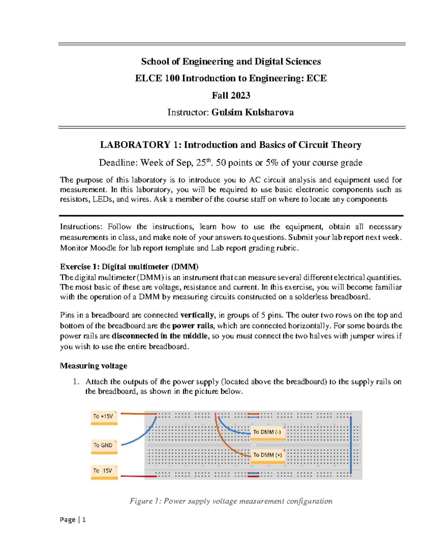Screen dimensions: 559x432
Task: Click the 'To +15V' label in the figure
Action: [104, 416]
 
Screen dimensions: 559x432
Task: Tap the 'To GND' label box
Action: [104, 445]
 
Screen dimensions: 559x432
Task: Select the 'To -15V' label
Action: [103, 471]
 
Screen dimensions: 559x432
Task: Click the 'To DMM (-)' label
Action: [267, 432]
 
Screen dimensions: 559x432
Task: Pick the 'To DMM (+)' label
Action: [267, 455]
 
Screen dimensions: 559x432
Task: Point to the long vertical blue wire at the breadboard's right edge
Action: [351, 445]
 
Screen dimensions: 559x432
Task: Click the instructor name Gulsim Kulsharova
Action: [252, 112]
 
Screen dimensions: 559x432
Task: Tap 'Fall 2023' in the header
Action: [231, 95]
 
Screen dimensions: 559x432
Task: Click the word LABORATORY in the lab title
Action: [135, 145]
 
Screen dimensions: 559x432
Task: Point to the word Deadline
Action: [118, 163]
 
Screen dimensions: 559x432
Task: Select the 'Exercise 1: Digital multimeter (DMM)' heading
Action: [129, 267]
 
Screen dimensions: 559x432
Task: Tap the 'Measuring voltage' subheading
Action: [94, 366]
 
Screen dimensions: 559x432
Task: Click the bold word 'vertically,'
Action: [197, 315]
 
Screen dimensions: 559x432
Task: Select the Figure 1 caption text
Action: [231, 501]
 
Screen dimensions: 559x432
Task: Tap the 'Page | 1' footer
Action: [73, 519]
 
